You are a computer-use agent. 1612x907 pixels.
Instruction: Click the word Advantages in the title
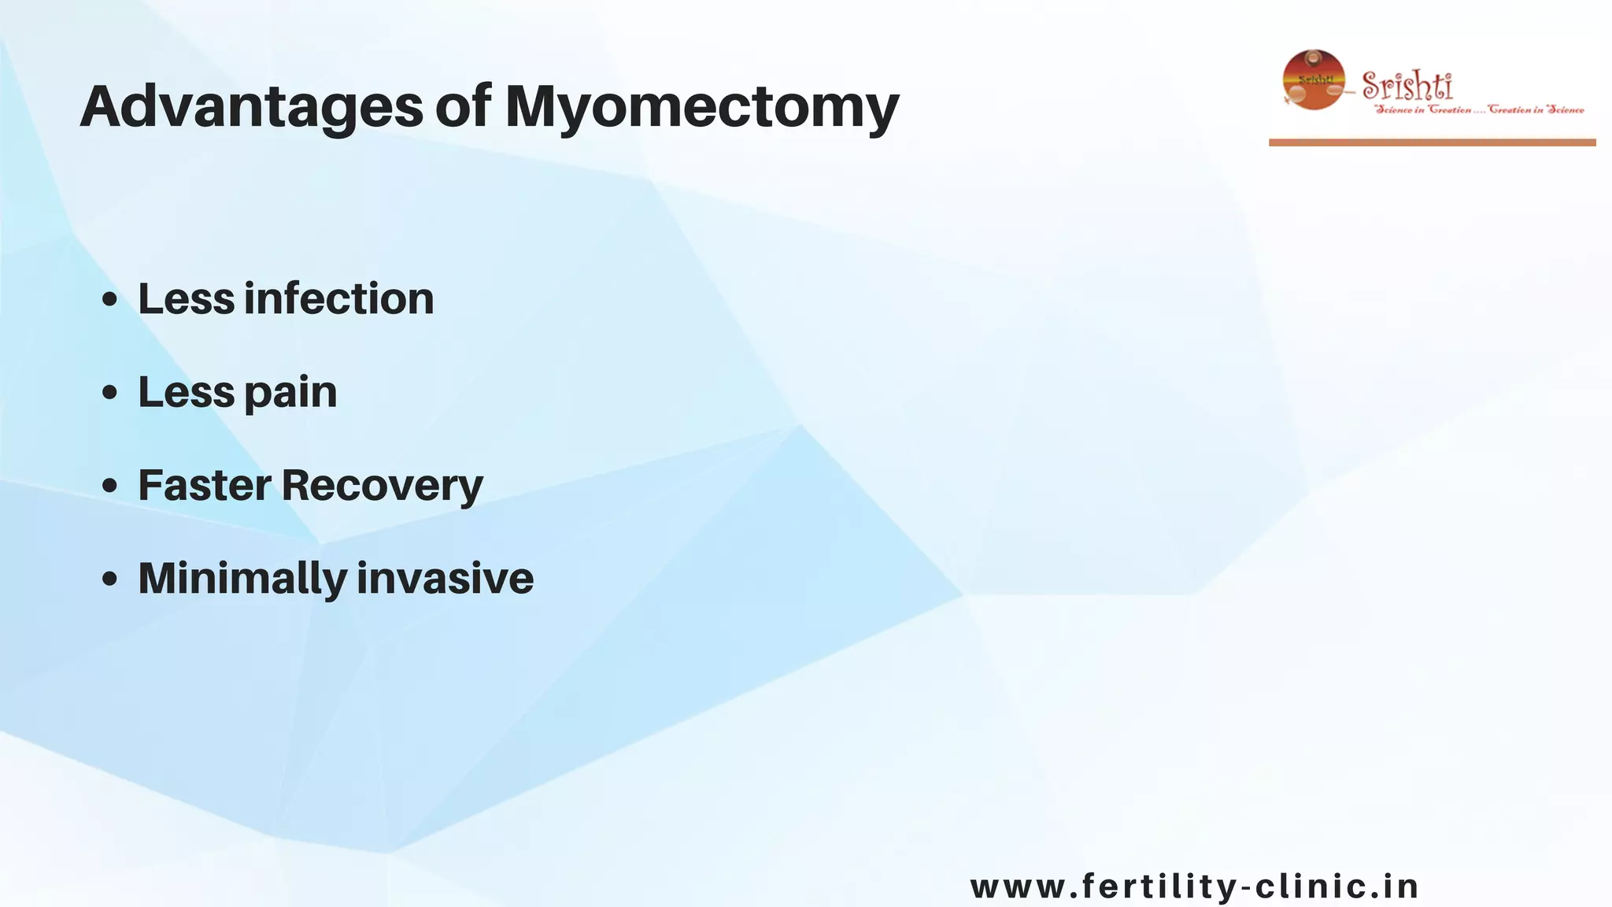[x=252, y=107]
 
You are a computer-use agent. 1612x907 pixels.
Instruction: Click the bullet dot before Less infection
[x=110, y=300]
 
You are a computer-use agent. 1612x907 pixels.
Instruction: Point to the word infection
[x=339, y=299]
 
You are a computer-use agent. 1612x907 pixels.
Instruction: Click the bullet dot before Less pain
[x=110, y=393]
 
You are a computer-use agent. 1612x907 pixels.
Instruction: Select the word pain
[x=290, y=393]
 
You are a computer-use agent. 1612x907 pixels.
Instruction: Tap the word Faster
[x=205, y=485]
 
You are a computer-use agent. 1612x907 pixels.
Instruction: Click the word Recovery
[x=383, y=485]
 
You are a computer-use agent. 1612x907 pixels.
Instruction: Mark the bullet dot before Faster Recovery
[x=110, y=486]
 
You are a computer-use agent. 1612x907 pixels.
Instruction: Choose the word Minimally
[x=242, y=579]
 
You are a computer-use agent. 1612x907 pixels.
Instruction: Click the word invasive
[x=446, y=579]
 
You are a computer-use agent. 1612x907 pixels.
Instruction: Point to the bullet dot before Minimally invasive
[x=110, y=579]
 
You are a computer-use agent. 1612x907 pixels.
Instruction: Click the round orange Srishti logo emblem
[x=1314, y=80]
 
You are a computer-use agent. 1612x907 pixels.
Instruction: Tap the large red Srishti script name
[x=1407, y=84]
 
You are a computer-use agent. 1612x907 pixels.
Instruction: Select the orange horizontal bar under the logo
[x=1432, y=143]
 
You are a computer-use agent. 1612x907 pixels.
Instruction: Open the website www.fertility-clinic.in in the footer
[x=1194, y=887]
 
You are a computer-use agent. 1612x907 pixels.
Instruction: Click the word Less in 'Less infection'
[x=187, y=299]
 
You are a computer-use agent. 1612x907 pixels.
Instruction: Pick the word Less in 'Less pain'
[x=187, y=392]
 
